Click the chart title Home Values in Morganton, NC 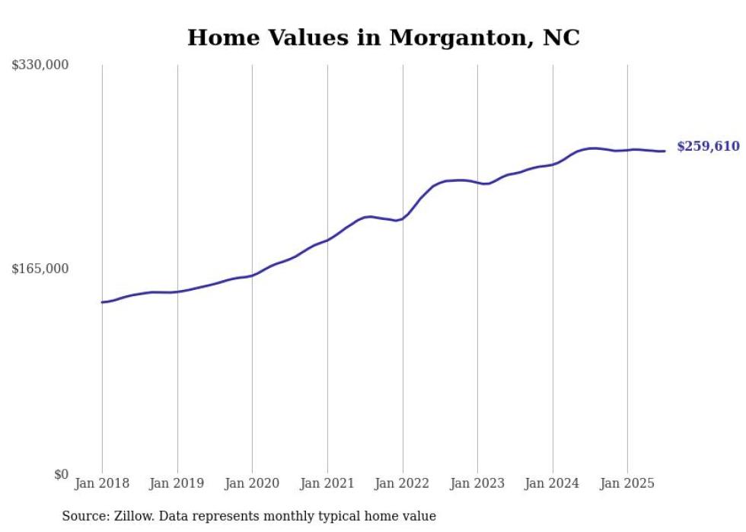click(383, 37)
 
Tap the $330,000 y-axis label click(40, 65)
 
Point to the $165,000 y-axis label click(40, 269)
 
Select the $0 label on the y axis click(61, 474)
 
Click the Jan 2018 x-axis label click(102, 483)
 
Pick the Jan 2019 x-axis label click(177, 483)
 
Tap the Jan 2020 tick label click(252, 483)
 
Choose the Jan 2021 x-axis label click(327, 483)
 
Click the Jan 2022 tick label click(402, 483)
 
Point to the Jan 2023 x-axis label click(477, 483)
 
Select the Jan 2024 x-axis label click(553, 483)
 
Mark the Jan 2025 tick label click(627, 483)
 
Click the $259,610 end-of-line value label click(708, 146)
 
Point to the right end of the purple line click(665, 151)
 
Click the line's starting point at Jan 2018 click(102, 302)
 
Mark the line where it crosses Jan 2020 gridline click(252, 276)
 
